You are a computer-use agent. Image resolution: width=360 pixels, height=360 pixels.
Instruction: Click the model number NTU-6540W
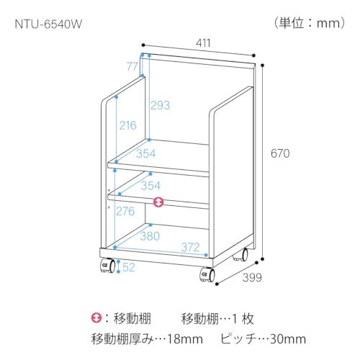click(48, 24)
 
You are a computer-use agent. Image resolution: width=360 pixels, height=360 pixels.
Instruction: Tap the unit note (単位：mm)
click(310, 23)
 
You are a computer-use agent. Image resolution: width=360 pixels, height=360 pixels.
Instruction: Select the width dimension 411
click(203, 43)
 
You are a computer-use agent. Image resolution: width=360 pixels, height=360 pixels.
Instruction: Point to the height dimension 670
click(280, 153)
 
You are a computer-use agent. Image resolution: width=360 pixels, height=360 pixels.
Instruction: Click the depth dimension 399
click(252, 277)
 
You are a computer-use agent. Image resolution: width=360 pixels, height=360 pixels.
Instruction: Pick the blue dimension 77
click(132, 66)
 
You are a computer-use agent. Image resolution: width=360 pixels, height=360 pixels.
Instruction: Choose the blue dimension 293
click(160, 105)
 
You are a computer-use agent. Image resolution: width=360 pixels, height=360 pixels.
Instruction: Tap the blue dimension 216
click(128, 125)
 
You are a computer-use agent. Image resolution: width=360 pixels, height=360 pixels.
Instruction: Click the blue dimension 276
click(125, 211)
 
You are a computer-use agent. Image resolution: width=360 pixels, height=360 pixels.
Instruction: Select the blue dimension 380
click(150, 236)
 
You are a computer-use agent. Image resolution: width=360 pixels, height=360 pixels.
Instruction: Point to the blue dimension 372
click(190, 247)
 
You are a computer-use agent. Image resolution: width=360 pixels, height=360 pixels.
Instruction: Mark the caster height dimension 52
click(129, 267)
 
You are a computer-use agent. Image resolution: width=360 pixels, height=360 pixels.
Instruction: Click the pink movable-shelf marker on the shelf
click(158, 202)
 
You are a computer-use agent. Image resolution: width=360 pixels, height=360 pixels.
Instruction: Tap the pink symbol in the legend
click(96, 318)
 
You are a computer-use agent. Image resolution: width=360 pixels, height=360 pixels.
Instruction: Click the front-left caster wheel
click(107, 266)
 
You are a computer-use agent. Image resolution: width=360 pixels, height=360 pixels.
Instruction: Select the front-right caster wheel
click(207, 275)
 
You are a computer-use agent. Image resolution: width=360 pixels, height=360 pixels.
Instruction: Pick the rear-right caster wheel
click(241, 254)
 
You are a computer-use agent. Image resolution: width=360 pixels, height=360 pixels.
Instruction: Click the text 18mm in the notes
click(185, 339)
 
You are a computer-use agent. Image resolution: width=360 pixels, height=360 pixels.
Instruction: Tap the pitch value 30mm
click(288, 339)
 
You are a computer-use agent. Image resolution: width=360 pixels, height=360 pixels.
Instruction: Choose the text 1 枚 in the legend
click(243, 319)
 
